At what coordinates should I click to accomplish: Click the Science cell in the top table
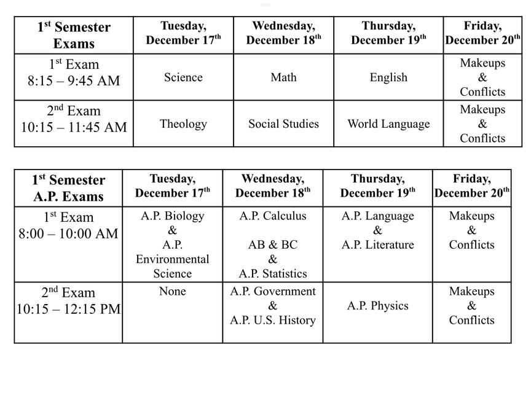[x=183, y=77]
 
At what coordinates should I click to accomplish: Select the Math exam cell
[x=283, y=77]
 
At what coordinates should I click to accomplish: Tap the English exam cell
[x=388, y=77]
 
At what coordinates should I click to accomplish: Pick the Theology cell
[x=183, y=124]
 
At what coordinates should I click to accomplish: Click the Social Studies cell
[x=283, y=124]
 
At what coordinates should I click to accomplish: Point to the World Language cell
[x=388, y=124]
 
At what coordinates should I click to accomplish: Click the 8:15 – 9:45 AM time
[x=74, y=81]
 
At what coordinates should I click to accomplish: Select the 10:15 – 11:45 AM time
[x=74, y=128]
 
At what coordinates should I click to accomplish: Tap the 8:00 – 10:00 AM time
[x=68, y=234]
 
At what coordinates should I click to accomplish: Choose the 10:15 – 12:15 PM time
[x=68, y=310]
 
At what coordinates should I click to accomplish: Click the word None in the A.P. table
[x=172, y=292]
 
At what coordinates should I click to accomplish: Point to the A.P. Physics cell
[x=377, y=306]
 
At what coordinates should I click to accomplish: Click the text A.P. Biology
[x=172, y=216]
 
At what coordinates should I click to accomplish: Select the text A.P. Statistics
[x=272, y=274]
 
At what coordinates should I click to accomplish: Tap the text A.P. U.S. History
[x=272, y=321]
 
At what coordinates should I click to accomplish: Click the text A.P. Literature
[x=377, y=245]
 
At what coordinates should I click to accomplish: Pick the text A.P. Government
[x=272, y=292]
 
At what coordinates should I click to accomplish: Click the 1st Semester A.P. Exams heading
[x=68, y=189]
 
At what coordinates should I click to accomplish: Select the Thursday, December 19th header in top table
[x=388, y=33]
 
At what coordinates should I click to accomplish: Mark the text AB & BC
[x=272, y=245]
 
